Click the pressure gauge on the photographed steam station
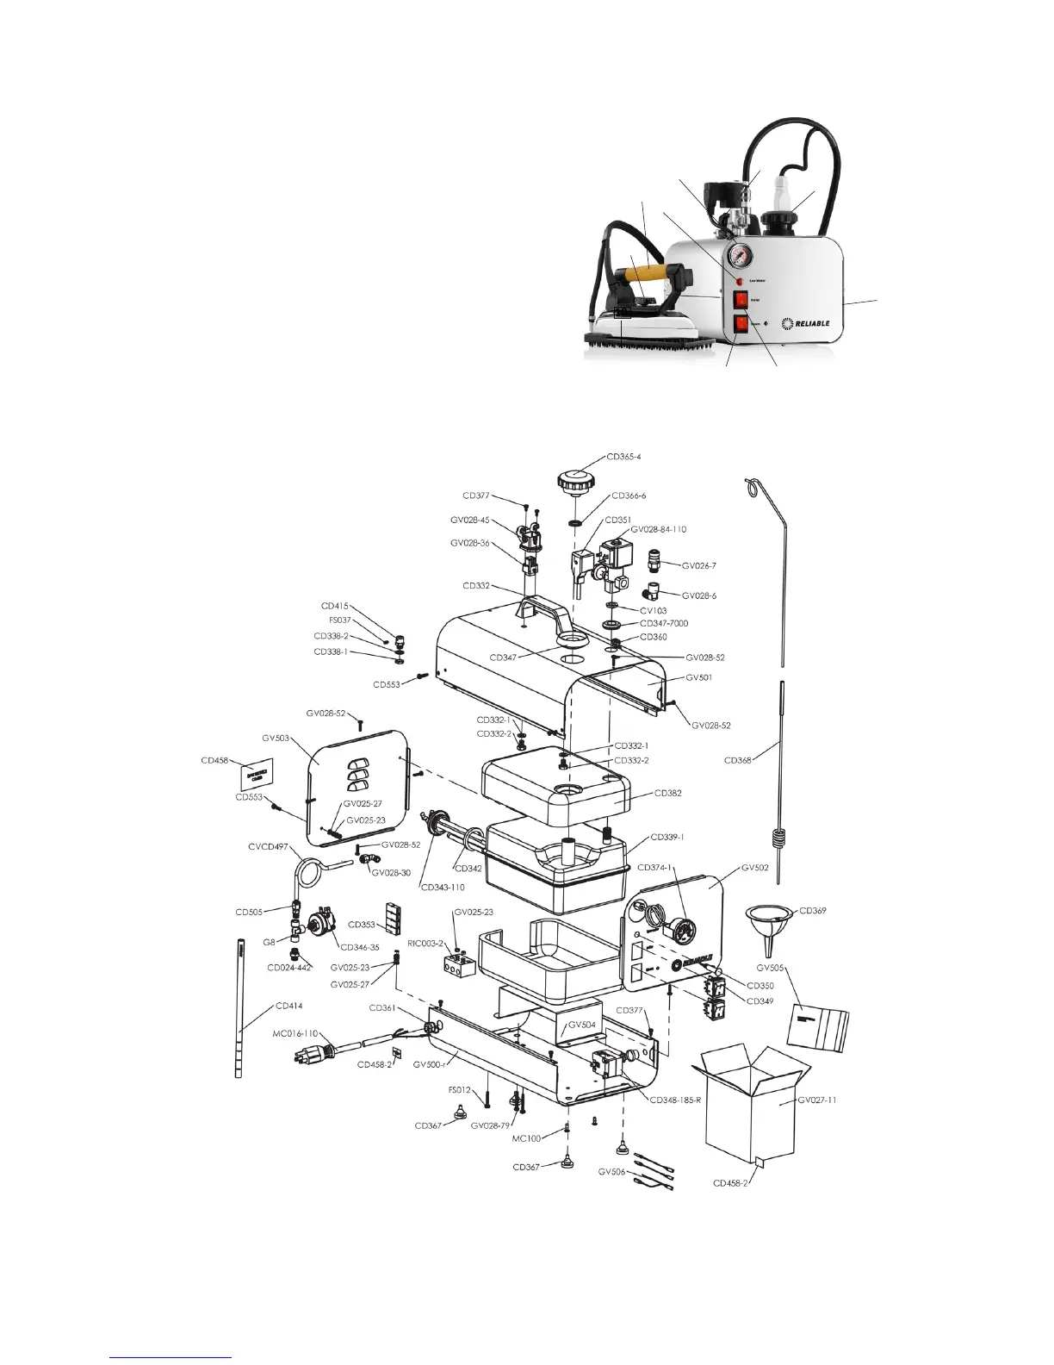[739, 257]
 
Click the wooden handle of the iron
[644, 273]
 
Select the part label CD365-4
[623, 457]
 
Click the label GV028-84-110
[659, 529]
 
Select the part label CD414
[289, 1006]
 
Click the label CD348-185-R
[675, 1100]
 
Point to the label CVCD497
[269, 846]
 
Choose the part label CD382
[668, 793]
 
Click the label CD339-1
[667, 837]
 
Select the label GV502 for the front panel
[755, 868]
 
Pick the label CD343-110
[443, 887]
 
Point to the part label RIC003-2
[425, 944]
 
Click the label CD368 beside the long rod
[738, 760]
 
